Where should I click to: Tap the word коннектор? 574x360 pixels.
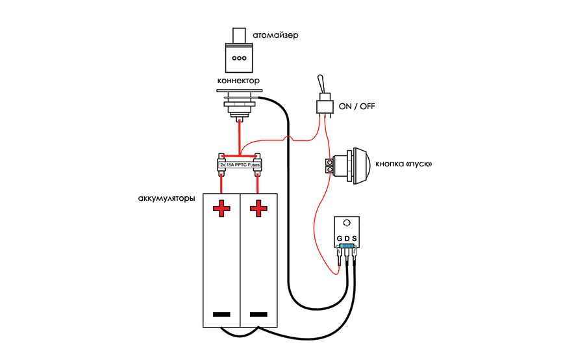tap(239, 81)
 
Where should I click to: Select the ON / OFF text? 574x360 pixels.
tap(356, 106)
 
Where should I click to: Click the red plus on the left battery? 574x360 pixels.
tap(221, 209)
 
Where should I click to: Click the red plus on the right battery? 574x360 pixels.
tap(258, 209)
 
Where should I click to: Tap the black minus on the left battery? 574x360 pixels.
tap(221, 315)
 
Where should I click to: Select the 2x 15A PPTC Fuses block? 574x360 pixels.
tap(240, 165)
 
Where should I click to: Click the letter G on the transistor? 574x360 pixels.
tap(340, 239)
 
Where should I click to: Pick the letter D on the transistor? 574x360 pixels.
tap(347, 239)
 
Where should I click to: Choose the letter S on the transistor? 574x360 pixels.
tap(355, 239)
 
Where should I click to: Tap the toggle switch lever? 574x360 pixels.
tap(321, 86)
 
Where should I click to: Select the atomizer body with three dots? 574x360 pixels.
tap(239, 58)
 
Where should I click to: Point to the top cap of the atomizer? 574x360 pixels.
tap(239, 35)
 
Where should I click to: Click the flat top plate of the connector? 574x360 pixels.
tap(239, 91)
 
